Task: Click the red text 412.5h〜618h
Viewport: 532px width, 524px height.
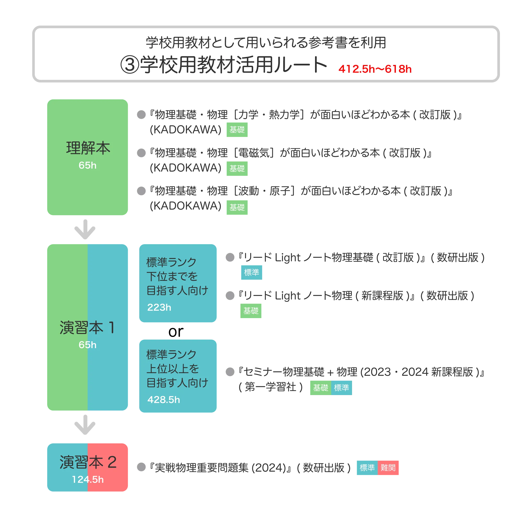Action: point(375,69)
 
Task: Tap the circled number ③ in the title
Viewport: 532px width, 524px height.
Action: point(130,65)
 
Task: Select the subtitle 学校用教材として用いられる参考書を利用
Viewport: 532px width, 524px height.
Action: point(266,43)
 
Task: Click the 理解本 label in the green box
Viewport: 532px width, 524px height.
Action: point(88,148)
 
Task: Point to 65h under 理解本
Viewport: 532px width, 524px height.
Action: point(87,165)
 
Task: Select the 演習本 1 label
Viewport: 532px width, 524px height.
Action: point(87,327)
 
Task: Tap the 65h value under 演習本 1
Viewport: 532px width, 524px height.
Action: point(87,344)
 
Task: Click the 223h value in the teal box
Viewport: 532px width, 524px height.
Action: point(159,307)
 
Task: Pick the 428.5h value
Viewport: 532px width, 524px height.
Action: point(164,399)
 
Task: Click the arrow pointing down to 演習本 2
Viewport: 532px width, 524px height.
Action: point(85,425)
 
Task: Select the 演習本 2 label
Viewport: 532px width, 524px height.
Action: point(88,462)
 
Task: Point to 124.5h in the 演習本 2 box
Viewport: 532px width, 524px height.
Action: point(88,479)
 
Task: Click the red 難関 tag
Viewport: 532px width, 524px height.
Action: point(388,468)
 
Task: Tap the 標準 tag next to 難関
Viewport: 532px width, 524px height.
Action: point(367,468)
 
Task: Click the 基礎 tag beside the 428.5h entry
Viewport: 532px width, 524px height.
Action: point(321,388)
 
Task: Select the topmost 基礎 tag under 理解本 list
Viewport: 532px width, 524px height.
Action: point(237,129)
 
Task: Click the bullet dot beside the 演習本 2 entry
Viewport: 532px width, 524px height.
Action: point(141,467)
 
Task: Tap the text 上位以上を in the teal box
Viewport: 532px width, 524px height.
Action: point(172,368)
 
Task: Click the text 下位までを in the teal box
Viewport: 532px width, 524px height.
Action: point(172,276)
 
